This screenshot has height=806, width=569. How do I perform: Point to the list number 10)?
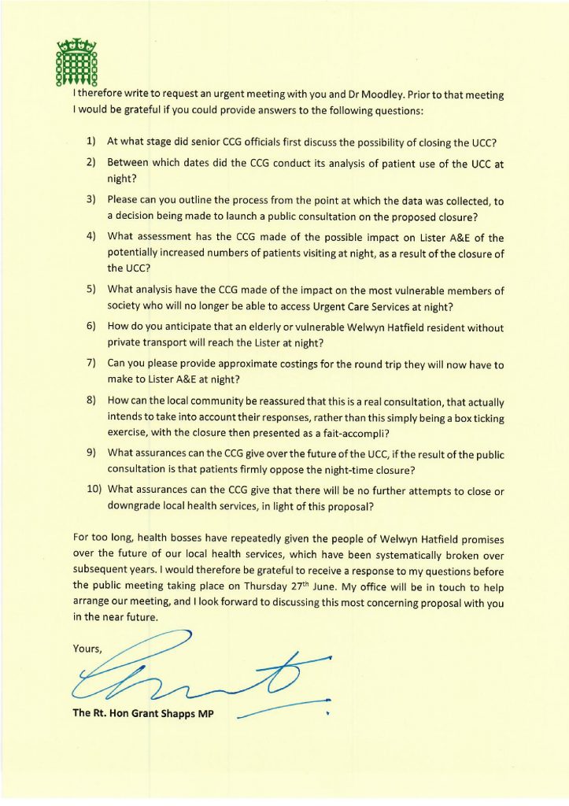pyautogui.click(x=94, y=491)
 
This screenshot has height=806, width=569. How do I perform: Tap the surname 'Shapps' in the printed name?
pyautogui.click(x=176, y=714)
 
